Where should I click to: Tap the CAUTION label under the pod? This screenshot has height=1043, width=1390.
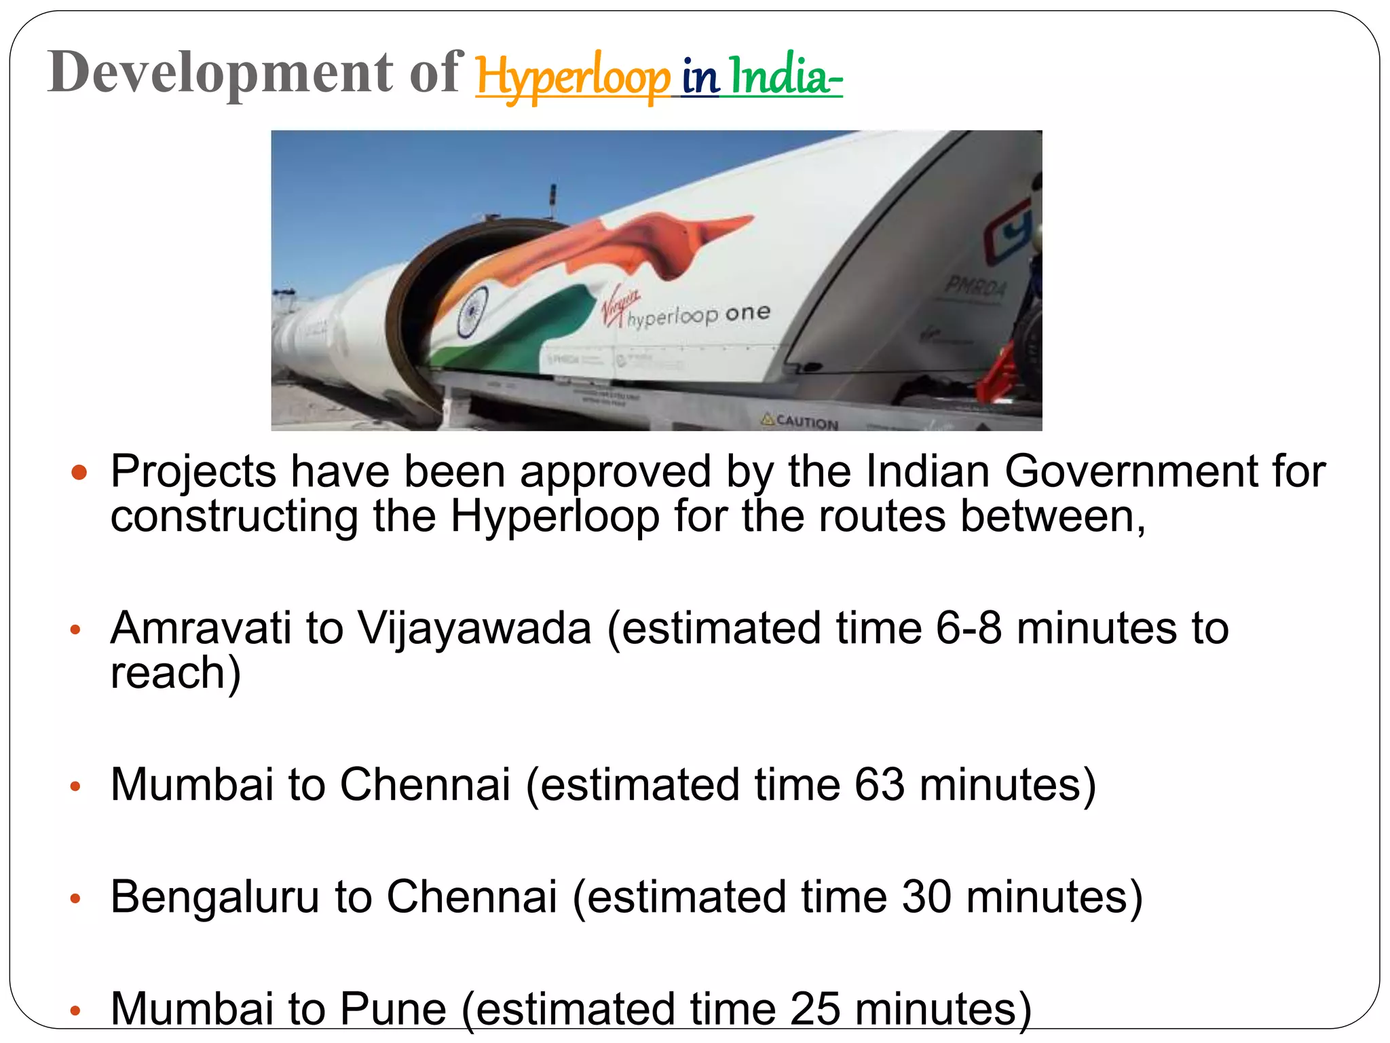(x=801, y=421)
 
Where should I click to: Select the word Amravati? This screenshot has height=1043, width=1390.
(x=200, y=627)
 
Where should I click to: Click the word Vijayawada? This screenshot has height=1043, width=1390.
(x=474, y=627)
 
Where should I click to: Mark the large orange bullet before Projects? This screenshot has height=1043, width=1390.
(x=79, y=472)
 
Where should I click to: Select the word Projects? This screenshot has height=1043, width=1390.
(x=193, y=472)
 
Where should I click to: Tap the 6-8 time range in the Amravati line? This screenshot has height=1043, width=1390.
(x=969, y=627)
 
